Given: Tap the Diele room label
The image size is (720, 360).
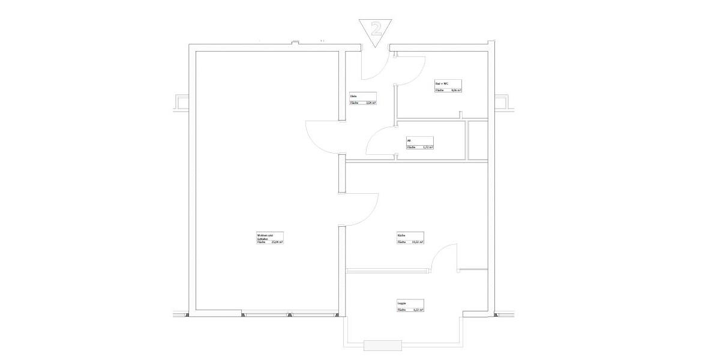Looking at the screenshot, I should [354, 96].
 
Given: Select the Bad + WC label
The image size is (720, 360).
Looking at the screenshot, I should [442, 83].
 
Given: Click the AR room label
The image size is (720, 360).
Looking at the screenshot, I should [409, 140].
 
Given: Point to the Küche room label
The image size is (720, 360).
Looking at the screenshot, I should [401, 235].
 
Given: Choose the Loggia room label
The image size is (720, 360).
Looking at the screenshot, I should [401, 303].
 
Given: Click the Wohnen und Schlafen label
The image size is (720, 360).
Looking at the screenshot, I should [265, 236].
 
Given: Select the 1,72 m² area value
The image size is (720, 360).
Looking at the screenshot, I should [428, 147].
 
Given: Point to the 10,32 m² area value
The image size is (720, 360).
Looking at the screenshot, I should [418, 242].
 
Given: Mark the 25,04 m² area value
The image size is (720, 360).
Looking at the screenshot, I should [277, 242].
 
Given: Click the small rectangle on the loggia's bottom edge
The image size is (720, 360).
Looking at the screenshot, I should [383, 345].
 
